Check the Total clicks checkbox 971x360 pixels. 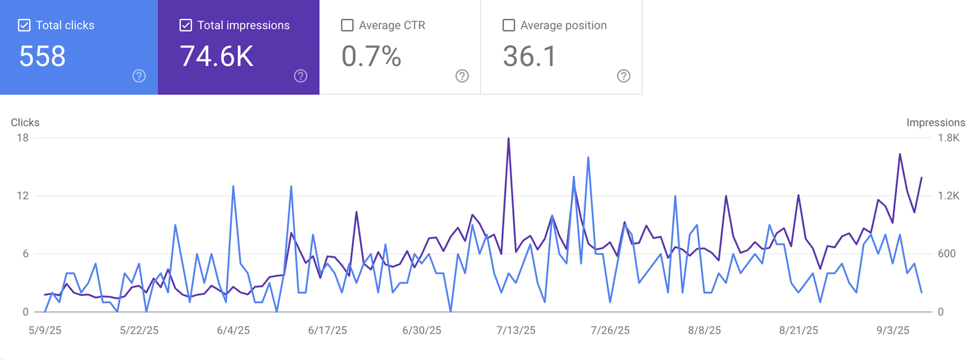[x=24, y=25]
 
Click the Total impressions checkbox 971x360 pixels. [x=186, y=25]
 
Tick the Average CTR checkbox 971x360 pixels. [x=347, y=25]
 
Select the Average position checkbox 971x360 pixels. [x=509, y=25]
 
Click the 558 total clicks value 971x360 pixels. [x=42, y=56]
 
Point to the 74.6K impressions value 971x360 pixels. [x=217, y=56]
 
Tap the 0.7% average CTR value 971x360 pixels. [x=371, y=56]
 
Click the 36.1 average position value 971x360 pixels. [x=529, y=56]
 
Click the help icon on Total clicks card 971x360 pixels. [x=139, y=76]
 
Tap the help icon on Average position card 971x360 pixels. [x=623, y=76]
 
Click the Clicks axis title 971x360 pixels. [x=25, y=123]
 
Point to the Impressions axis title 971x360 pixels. [x=936, y=123]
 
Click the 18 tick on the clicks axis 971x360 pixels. [x=22, y=138]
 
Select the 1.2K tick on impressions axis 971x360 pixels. [x=949, y=195]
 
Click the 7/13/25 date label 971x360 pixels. [x=516, y=330]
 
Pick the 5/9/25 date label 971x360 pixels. [x=45, y=330]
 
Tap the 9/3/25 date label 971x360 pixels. [x=893, y=330]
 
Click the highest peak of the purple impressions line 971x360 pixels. [x=509, y=138]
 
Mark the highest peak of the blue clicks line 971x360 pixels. [x=588, y=157]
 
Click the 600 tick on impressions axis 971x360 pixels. [x=947, y=254]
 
